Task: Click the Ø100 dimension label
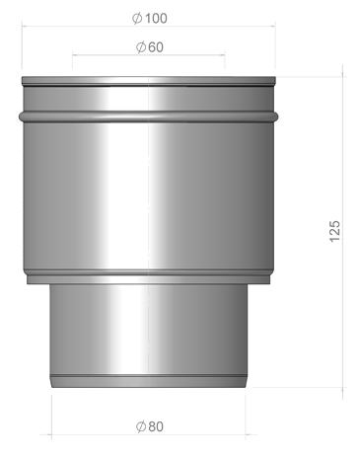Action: [x=150, y=18]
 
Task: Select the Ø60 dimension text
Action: [x=150, y=47]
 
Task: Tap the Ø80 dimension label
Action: [x=150, y=426]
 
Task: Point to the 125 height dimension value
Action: [x=334, y=231]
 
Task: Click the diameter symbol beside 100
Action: [x=137, y=19]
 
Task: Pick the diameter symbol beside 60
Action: [x=141, y=47]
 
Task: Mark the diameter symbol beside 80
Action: [x=141, y=426]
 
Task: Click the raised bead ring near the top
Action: [x=149, y=116]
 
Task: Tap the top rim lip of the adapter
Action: [x=149, y=81]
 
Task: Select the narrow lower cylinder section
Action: [x=149, y=336]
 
